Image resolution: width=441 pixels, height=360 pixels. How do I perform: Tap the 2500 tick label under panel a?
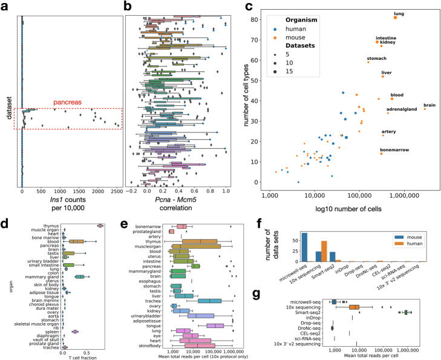click(x=113, y=191)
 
